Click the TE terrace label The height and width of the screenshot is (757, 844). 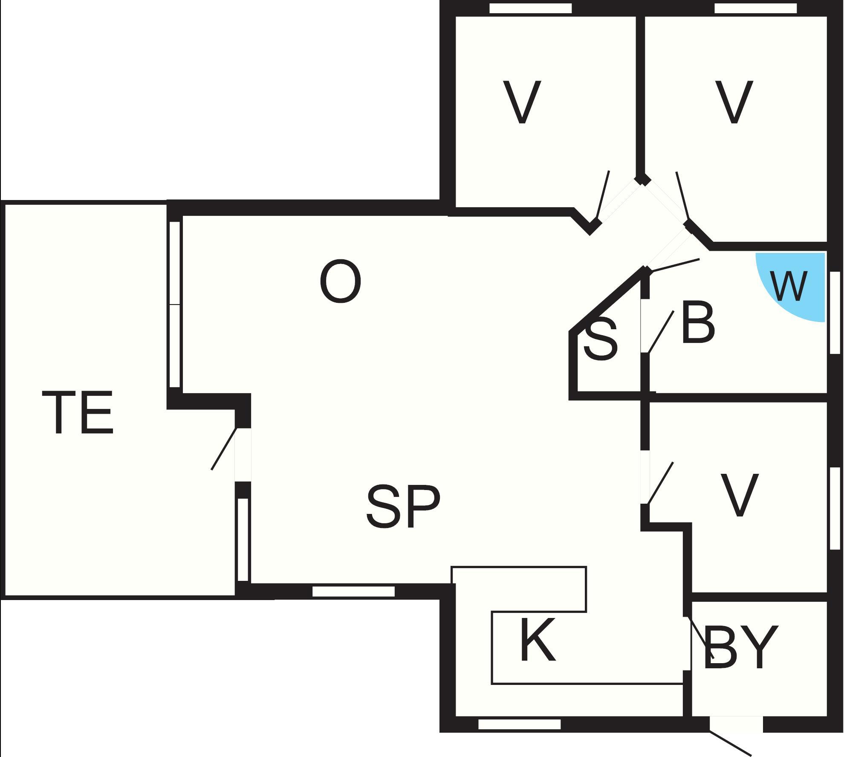[78, 413]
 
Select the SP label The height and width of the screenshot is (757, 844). [403, 506]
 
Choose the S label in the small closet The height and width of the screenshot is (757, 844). [600, 340]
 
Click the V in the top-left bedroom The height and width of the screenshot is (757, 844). [522, 102]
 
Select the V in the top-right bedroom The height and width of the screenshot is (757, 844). [734, 102]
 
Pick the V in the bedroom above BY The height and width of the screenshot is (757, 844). [739, 495]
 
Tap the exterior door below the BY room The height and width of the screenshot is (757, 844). [736, 725]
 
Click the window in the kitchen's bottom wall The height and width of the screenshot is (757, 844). [519, 724]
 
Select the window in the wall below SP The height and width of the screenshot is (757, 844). [353, 592]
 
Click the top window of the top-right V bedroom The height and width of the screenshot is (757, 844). [755, 9]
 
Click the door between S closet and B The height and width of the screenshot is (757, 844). [645, 326]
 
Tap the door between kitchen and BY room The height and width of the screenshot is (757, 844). [687, 643]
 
